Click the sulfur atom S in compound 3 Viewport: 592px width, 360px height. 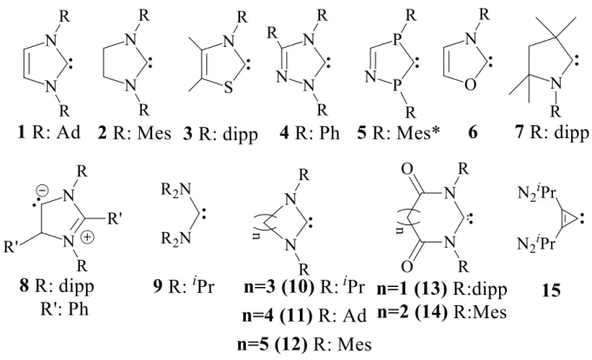click(228, 88)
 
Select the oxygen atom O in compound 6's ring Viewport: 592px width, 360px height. click(470, 85)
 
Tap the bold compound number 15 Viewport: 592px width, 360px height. click(551, 290)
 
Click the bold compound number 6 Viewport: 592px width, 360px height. click(472, 132)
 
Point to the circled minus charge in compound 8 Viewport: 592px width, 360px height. click(43, 191)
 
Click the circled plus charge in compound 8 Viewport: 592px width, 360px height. click(88, 237)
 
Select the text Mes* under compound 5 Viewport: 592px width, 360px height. click(419, 132)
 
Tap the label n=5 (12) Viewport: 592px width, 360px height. click(272, 344)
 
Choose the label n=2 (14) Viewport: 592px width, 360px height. click(412, 312)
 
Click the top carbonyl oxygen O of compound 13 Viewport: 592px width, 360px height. click(407, 170)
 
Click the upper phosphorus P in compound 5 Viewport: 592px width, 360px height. click(396, 40)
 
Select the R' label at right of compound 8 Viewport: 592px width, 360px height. click(114, 218)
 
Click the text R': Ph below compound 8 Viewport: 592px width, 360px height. click(64, 310)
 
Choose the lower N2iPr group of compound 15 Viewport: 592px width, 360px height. click(536, 243)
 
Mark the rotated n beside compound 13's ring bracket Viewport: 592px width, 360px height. click(399, 229)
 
